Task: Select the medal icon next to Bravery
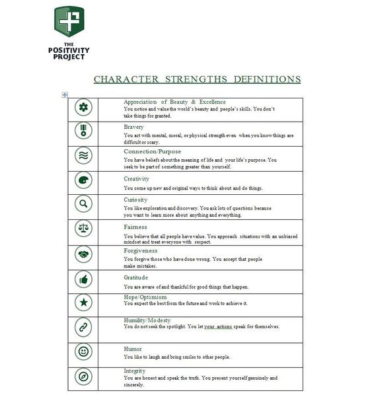(x=84, y=131)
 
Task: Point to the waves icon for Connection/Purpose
(x=84, y=155)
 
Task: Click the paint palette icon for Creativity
(x=84, y=180)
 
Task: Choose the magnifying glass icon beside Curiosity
(x=84, y=204)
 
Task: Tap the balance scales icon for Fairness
(x=84, y=229)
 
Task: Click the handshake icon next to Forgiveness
(x=84, y=254)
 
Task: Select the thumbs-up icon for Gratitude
(x=84, y=279)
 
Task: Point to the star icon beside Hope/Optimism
(x=84, y=303)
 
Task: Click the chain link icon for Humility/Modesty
(x=84, y=327)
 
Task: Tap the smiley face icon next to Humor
(x=84, y=352)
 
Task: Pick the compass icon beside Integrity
(x=84, y=377)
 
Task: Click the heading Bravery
(x=133, y=126)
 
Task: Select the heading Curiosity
(x=135, y=199)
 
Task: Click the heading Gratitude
(x=136, y=277)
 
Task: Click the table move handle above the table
(x=64, y=95)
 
